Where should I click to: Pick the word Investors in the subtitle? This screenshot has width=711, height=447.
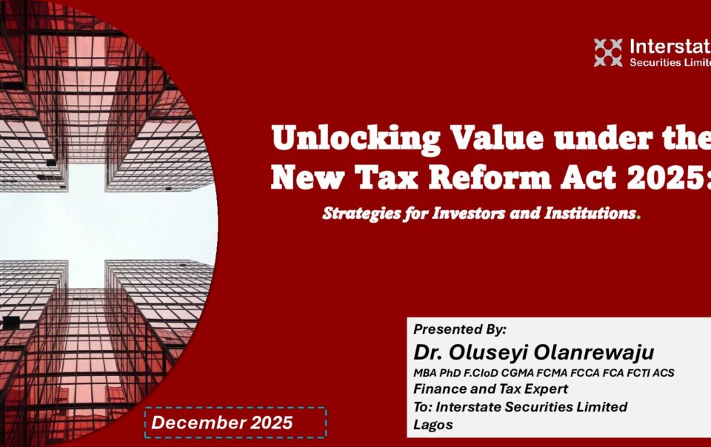[468, 213]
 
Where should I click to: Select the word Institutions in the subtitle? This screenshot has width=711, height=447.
[590, 213]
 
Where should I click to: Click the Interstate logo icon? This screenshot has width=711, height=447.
[608, 53]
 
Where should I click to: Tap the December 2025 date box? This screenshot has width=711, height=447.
[236, 423]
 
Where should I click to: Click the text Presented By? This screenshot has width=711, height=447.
[460, 329]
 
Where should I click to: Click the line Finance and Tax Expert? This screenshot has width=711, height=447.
[490, 389]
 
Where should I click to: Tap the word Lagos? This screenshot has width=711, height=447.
[433, 425]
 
